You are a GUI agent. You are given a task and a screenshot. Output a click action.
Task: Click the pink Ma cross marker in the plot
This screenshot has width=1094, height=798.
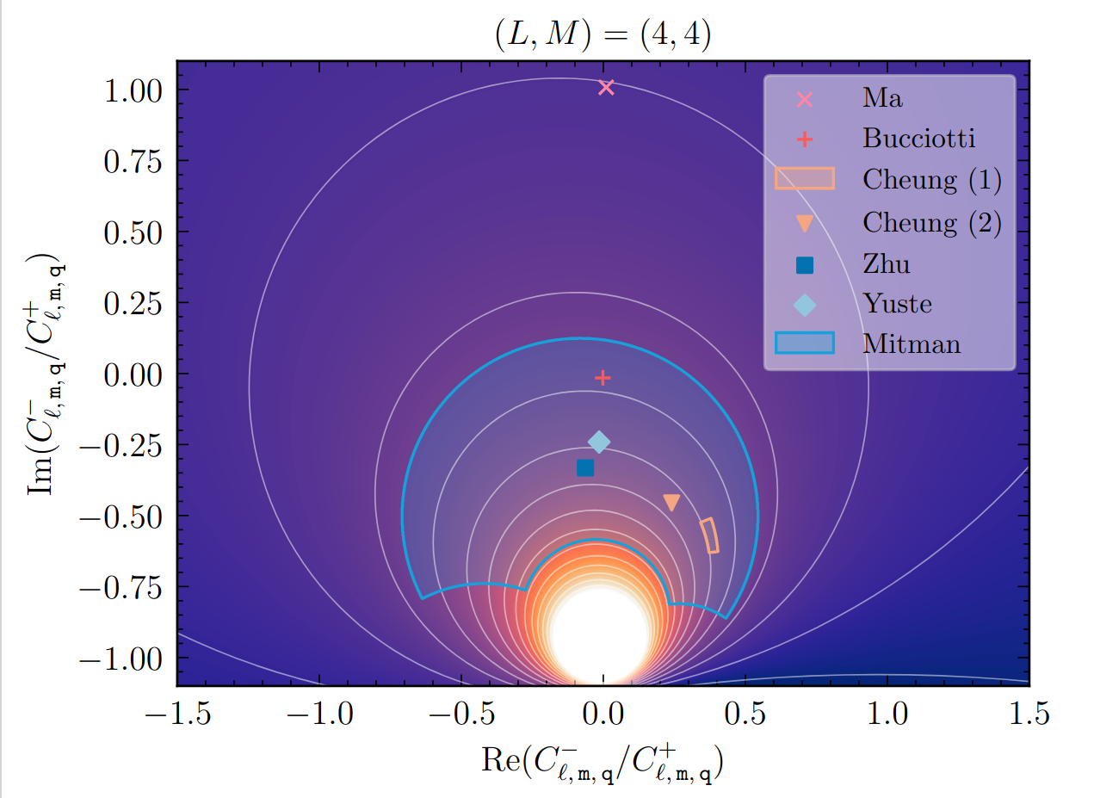tap(606, 87)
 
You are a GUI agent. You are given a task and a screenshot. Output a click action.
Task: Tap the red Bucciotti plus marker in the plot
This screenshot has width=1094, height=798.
tap(603, 377)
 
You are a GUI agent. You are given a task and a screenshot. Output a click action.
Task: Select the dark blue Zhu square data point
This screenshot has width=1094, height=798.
tap(585, 468)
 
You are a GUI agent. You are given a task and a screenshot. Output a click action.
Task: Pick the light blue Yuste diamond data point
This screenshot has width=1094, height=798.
tap(599, 442)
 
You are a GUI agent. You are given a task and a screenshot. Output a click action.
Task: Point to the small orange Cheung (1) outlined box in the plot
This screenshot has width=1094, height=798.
tap(709, 535)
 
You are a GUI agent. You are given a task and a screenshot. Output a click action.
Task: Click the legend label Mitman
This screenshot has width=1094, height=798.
tap(911, 344)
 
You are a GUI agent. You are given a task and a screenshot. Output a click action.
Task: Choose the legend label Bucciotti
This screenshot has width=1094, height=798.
tap(919, 139)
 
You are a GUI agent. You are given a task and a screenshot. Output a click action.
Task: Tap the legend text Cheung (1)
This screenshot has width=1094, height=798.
tap(932, 180)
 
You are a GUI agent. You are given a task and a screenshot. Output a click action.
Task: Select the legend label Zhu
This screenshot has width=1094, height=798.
tap(886, 263)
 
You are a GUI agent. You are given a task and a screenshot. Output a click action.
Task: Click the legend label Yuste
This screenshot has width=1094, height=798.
tap(897, 304)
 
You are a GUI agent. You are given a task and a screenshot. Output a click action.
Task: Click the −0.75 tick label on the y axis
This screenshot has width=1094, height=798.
tap(122, 589)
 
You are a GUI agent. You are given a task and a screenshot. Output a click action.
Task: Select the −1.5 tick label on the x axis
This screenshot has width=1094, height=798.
tap(176, 713)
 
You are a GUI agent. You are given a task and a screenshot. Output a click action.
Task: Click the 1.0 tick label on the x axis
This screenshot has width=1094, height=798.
tap(887, 713)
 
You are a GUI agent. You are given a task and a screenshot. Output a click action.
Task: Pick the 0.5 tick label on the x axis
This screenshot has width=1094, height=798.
tap(745, 713)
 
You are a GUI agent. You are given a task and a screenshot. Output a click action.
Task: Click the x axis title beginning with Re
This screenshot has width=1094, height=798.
tap(603, 763)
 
